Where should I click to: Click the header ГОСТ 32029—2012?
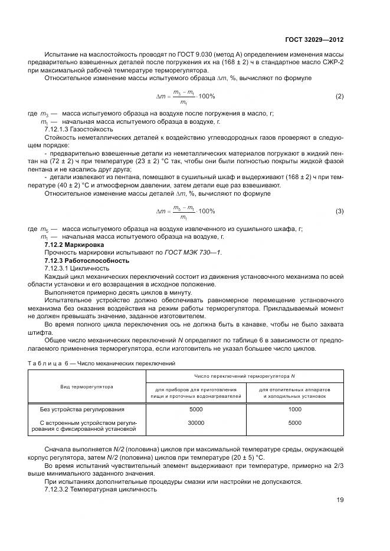(315, 40)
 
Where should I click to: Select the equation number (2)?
(339, 96)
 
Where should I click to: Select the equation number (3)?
(339, 211)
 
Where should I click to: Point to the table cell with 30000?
(195, 423)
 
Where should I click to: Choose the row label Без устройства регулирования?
(78, 409)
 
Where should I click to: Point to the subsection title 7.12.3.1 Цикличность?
(77, 268)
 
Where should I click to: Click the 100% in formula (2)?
(206, 96)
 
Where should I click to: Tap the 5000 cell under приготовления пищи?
(195, 409)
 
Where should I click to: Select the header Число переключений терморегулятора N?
(244, 376)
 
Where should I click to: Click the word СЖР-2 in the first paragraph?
(332, 62)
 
